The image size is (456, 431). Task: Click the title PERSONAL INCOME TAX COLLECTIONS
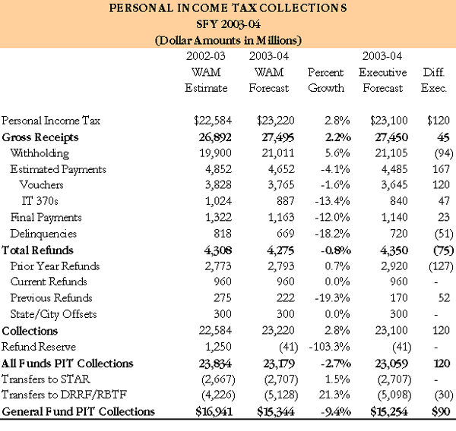[228, 10]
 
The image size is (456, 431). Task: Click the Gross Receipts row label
[40, 137]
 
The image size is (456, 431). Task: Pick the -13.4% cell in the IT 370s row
[322, 201]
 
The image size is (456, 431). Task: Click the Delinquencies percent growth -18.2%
[322, 234]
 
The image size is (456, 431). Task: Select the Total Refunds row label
[38, 250]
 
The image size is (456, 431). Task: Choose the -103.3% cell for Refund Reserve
[320, 347]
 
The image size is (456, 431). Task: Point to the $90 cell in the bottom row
[439, 412]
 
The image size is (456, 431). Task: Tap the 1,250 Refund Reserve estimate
[217, 347]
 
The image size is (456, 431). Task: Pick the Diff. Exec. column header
[434, 80]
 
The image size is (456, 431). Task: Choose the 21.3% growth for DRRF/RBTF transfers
[325, 395]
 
